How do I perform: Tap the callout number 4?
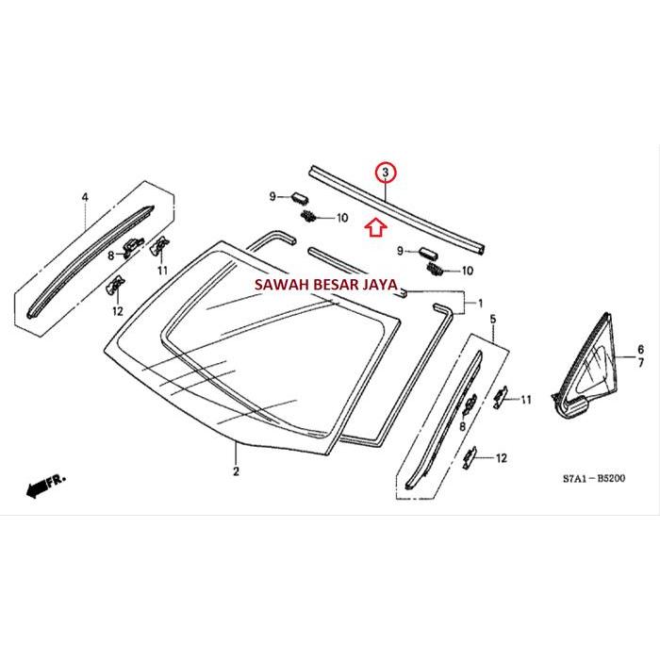[x=84, y=197]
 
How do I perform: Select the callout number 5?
[x=491, y=322]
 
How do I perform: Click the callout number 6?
[x=640, y=349]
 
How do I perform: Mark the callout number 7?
[x=640, y=363]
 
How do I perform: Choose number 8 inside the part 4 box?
[x=110, y=255]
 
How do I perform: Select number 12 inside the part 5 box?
[x=500, y=458]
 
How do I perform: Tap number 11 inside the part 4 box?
[x=163, y=271]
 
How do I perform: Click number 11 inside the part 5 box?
[x=525, y=400]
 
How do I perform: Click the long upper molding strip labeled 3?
[x=396, y=209]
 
